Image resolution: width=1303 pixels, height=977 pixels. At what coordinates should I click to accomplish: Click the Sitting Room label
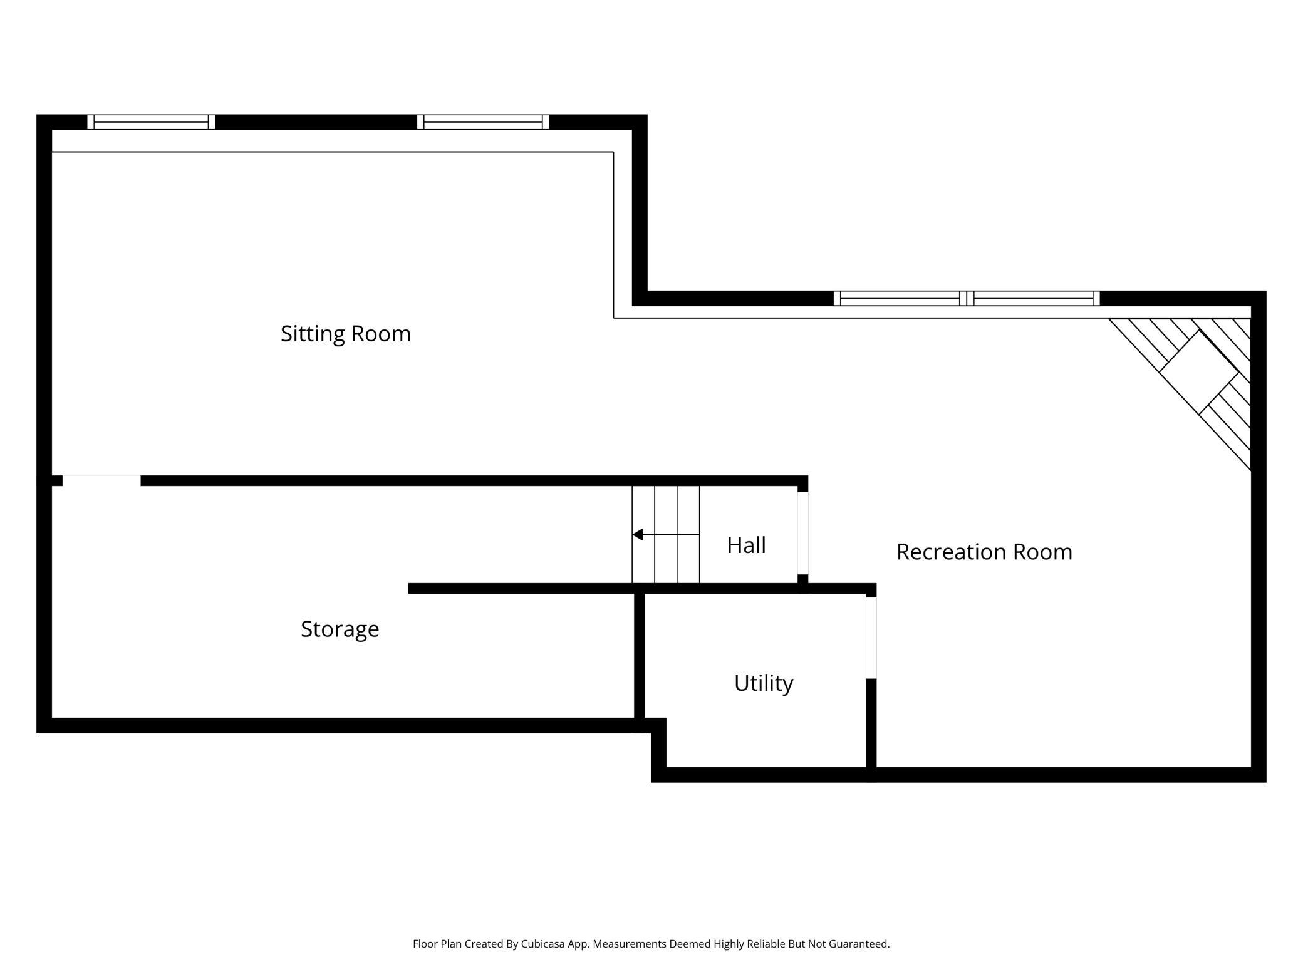(345, 334)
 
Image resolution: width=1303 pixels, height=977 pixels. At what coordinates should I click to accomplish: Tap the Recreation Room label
(984, 552)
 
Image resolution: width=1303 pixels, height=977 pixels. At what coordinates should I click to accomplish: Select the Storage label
(340, 629)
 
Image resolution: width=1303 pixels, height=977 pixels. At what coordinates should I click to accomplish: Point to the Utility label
(763, 683)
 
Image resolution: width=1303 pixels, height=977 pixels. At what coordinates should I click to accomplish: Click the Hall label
(746, 545)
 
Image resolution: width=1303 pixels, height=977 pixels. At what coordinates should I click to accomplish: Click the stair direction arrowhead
(638, 534)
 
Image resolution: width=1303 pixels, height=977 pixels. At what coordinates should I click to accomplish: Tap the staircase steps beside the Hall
(665, 534)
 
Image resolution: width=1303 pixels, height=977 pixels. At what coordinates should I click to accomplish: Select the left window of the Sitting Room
(151, 122)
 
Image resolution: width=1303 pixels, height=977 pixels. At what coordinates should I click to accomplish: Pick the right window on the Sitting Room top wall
(483, 122)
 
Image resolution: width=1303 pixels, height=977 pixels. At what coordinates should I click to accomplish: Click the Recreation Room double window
(966, 298)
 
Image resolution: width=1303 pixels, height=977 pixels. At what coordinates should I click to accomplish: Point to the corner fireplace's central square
(1198, 372)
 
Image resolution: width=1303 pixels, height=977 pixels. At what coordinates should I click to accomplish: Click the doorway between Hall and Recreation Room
(802, 533)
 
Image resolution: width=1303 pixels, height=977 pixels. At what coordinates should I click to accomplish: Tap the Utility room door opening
(871, 638)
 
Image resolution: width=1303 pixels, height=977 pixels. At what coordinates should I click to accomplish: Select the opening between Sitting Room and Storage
(101, 480)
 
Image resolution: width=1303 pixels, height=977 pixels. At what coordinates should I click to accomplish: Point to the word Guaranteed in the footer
(858, 944)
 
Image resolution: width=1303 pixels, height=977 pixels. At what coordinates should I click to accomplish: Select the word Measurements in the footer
(630, 944)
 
